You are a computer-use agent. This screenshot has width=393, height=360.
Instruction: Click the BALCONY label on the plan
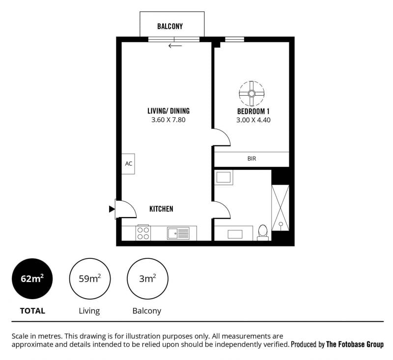[170, 27]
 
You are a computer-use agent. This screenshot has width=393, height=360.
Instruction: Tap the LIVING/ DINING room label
[168, 111]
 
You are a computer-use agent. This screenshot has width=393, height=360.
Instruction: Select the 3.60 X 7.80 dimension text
[168, 120]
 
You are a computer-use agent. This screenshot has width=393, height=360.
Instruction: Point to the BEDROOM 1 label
[253, 111]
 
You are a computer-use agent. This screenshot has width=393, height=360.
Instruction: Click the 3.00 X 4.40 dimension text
[253, 120]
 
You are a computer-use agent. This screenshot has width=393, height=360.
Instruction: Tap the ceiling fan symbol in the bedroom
[252, 94]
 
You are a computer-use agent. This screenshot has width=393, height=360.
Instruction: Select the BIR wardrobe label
[252, 159]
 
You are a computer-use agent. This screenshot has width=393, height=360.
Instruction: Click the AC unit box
[128, 164]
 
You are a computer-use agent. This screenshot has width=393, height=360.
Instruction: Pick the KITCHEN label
[161, 209]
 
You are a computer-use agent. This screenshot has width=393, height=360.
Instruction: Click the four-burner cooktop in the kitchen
[143, 233]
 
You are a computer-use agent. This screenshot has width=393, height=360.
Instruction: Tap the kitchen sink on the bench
[178, 233]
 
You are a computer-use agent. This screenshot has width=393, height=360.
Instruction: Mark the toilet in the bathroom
[263, 233]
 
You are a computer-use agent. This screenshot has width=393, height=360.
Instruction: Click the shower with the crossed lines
[281, 208]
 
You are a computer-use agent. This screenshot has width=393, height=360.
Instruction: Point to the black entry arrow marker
[112, 209]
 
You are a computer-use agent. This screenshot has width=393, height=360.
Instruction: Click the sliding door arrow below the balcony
[175, 46]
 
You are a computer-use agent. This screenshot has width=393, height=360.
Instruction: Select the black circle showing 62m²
[32, 278]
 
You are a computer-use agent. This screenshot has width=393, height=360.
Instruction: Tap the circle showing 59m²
[90, 278]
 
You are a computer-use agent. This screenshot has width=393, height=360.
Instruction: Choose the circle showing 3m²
[147, 278]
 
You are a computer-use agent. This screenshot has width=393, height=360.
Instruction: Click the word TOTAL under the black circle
[32, 311]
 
